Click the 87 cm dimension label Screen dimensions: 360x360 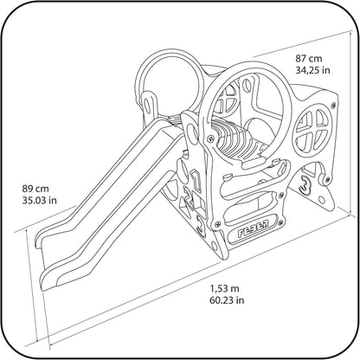(x=308, y=59)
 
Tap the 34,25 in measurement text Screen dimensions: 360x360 (x=312, y=70)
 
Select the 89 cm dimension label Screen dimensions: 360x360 (x=35, y=189)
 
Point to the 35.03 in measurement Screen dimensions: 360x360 (x=40, y=200)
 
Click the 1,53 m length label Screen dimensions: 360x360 (x=224, y=288)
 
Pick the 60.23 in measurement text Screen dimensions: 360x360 (x=227, y=300)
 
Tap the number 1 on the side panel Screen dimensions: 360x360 (x=196, y=181)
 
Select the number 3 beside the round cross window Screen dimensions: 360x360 (x=306, y=184)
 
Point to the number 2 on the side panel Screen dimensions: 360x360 (x=189, y=197)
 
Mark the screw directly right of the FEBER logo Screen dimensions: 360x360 (x=280, y=222)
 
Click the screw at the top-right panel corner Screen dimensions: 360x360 (x=334, y=106)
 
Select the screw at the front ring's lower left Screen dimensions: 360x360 (x=212, y=138)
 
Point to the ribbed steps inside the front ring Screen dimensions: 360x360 (x=233, y=138)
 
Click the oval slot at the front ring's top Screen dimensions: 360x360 (x=246, y=85)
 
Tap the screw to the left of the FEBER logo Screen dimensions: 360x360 (x=218, y=222)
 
